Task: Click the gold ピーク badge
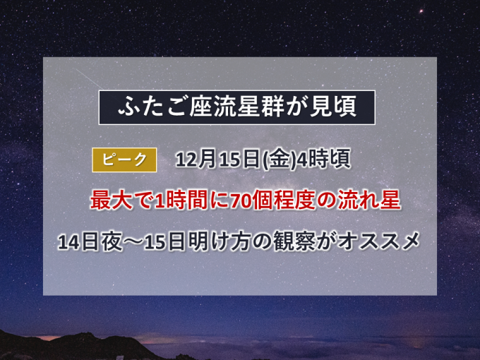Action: (x=124, y=160)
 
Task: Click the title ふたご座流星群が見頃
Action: (x=237, y=107)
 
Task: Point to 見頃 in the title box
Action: (x=333, y=107)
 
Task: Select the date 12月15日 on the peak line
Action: (x=217, y=160)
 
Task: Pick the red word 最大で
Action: (x=122, y=200)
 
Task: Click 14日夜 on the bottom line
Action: (x=90, y=242)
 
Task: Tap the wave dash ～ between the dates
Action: (x=133, y=242)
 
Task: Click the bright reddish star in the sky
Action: (x=421, y=11)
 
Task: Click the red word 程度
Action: (x=295, y=200)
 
